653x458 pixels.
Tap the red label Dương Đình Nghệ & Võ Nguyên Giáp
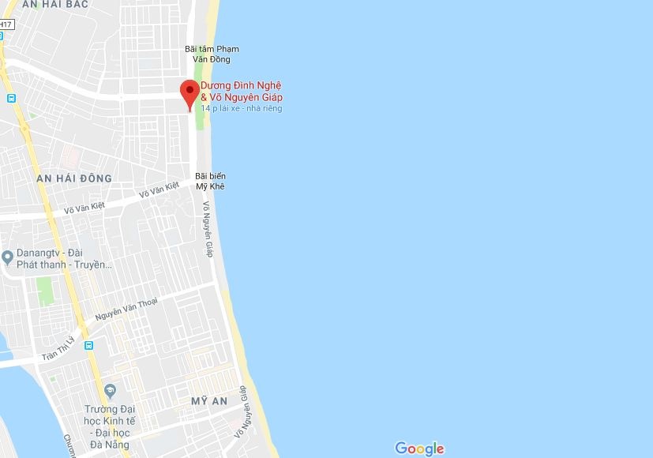[x=241, y=91]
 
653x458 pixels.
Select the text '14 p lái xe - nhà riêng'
[x=242, y=108]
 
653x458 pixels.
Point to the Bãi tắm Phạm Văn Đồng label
[x=212, y=54]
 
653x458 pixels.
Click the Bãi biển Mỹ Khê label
[x=211, y=181]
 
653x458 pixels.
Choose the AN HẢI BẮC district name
[x=55, y=5]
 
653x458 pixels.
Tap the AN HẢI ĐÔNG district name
[x=74, y=178]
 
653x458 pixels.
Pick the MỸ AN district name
[x=209, y=401]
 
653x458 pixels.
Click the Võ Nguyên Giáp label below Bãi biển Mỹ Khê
[x=208, y=229]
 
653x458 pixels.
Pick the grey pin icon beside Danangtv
[x=8, y=257]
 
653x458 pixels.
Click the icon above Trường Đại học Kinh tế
[x=110, y=391]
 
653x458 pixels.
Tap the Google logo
[x=419, y=449]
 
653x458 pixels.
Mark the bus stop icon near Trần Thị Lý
[x=88, y=345]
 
